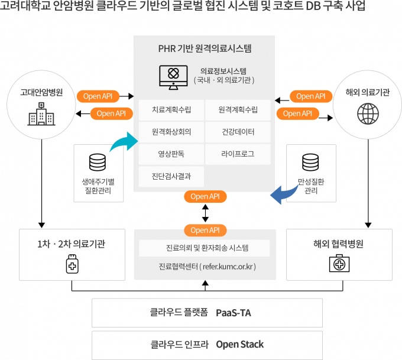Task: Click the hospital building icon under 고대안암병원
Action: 40,115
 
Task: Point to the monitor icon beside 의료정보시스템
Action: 173,76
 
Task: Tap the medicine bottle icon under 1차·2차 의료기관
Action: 72,265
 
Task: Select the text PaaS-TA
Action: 233,313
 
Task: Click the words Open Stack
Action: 239,345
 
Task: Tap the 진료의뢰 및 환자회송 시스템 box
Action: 204,247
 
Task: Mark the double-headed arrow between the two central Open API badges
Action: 205,212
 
